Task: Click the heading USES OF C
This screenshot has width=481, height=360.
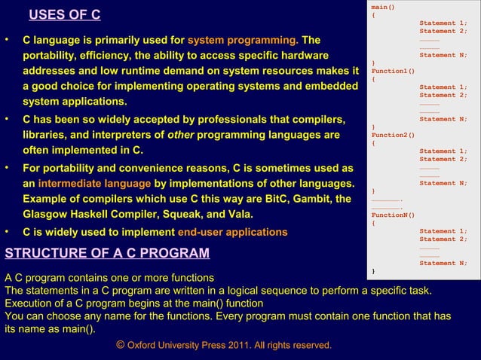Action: pyautogui.click(x=64, y=16)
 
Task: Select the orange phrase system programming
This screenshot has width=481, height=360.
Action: pyautogui.click(x=242, y=40)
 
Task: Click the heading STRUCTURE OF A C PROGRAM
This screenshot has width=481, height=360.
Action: pyautogui.click(x=107, y=252)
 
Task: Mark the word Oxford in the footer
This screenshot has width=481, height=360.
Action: pyautogui.click(x=143, y=345)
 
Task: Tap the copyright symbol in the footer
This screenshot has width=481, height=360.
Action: pyautogui.click(x=121, y=345)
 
